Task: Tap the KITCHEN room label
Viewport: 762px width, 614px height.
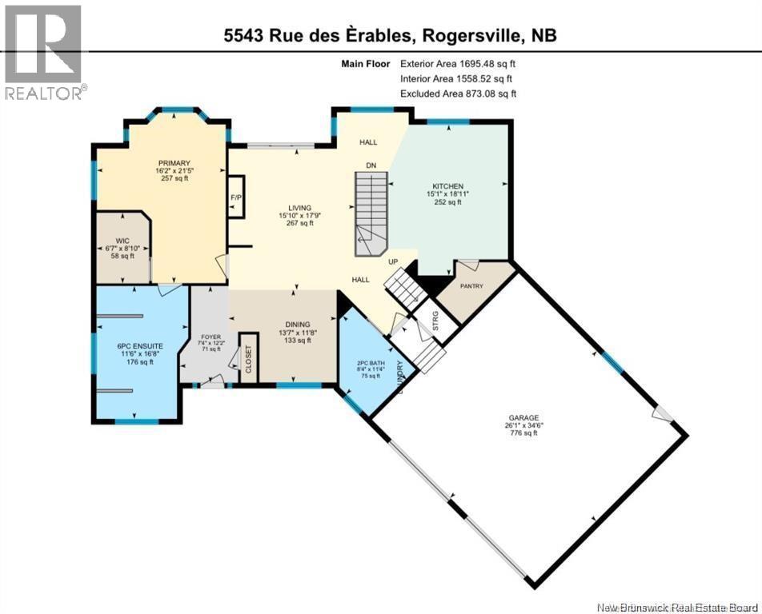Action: (445, 186)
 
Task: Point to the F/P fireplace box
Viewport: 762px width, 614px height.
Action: (236, 197)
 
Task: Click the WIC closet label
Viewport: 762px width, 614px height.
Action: (122, 240)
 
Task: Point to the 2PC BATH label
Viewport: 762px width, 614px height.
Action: (371, 363)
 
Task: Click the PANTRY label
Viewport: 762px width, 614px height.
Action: (471, 286)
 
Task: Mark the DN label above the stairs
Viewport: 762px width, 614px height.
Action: (371, 165)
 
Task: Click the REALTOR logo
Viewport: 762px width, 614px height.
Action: (43, 52)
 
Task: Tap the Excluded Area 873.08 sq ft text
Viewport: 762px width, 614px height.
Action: (458, 94)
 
